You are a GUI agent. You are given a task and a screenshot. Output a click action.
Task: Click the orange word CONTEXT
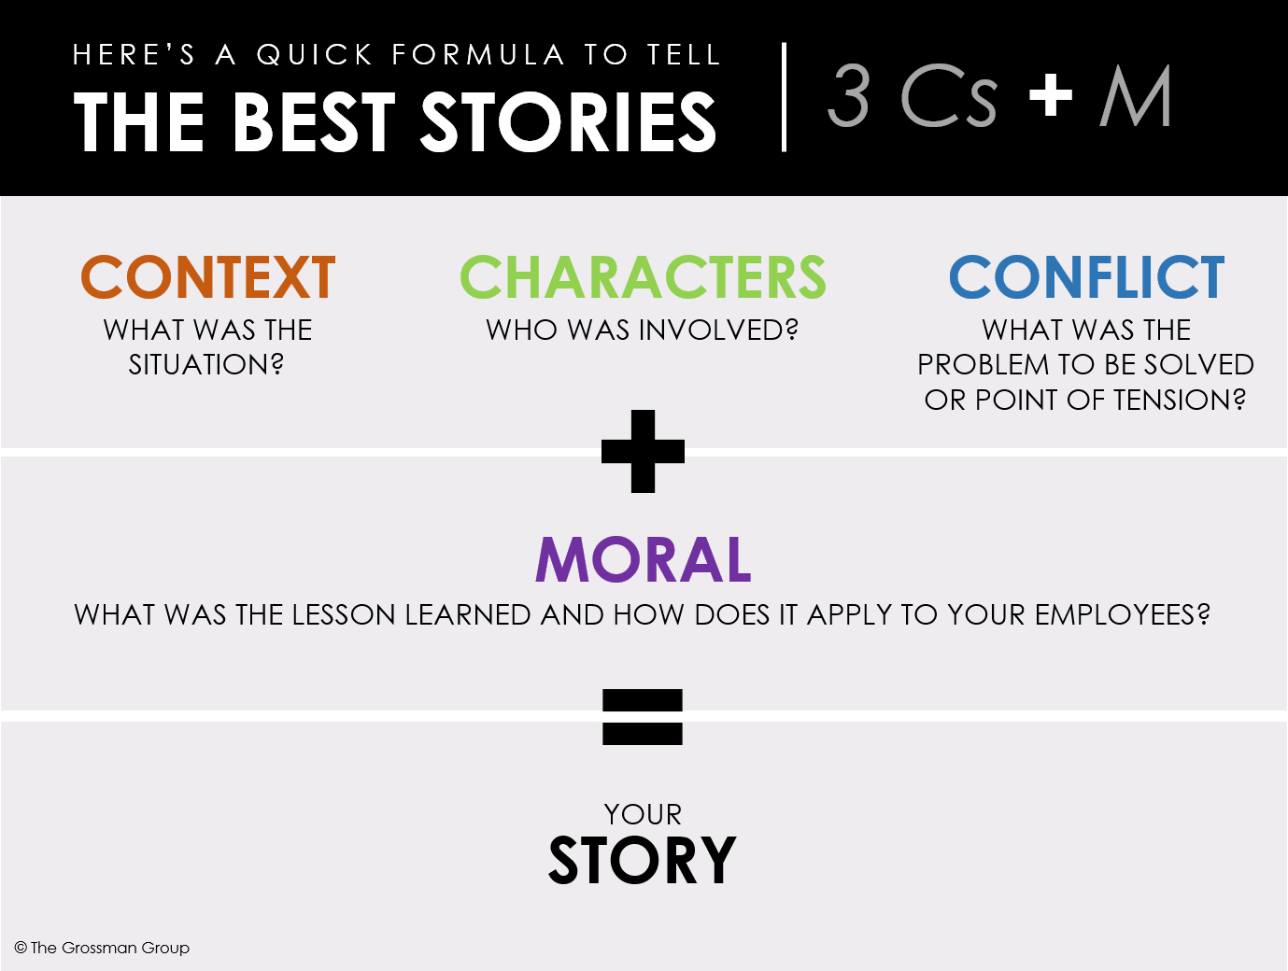click(x=207, y=277)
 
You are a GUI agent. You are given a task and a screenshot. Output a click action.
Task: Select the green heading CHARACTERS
click(x=643, y=277)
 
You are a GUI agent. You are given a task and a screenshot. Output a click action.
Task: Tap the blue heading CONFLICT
click(x=1086, y=277)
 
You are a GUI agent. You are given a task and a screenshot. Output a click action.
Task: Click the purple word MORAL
click(x=643, y=560)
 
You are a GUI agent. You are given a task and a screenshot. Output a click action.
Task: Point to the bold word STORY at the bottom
click(x=643, y=861)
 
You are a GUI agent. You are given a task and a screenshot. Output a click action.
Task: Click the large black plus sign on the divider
click(x=643, y=451)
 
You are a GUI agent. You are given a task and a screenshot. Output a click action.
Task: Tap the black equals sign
click(x=643, y=716)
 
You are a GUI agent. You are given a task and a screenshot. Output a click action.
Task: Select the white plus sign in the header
click(x=1051, y=95)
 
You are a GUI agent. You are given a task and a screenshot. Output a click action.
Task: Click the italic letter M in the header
click(x=1136, y=96)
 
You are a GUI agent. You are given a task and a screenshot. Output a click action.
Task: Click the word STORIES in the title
click(x=568, y=122)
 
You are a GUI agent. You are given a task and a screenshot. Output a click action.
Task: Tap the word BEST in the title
click(x=315, y=122)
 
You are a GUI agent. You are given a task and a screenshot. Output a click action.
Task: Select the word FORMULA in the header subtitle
click(x=478, y=55)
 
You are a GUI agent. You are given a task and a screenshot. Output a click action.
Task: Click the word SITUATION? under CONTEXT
click(x=206, y=364)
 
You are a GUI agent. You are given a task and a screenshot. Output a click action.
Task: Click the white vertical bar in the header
click(x=784, y=96)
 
